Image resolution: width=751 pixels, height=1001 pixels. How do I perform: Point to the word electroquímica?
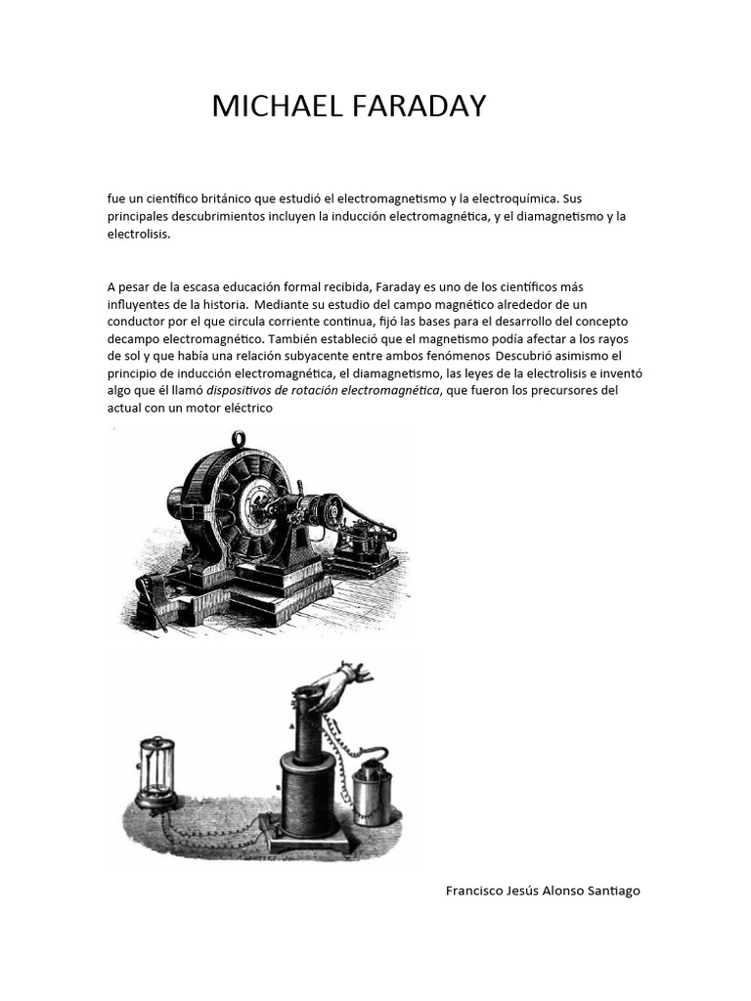tap(510, 198)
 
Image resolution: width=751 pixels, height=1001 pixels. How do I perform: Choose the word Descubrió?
tap(537, 356)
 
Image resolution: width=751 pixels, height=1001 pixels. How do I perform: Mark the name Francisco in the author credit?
tap(476, 891)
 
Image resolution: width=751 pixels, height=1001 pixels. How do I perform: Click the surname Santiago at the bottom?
tap(611, 891)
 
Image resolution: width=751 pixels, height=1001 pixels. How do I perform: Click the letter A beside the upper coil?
tap(290, 726)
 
